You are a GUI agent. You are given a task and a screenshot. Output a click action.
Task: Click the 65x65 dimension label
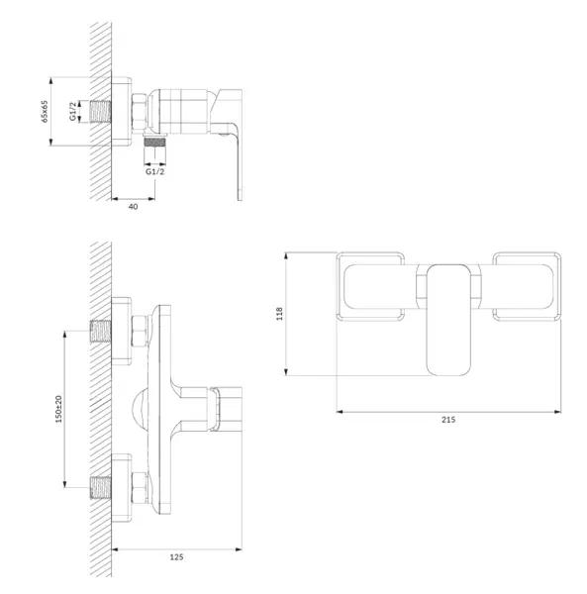(45, 111)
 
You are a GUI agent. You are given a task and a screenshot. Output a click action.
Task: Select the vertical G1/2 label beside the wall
(72, 111)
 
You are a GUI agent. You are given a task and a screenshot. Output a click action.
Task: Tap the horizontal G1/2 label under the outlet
(155, 171)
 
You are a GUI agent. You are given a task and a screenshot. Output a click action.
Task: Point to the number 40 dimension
(134, 207)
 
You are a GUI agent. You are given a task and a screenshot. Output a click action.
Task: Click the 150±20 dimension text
(58, 409)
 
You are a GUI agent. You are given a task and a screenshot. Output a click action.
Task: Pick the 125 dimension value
(176, 556)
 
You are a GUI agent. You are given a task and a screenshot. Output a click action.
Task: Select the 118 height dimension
(279, 314)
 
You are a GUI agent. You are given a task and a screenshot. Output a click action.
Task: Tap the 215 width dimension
(448, 420)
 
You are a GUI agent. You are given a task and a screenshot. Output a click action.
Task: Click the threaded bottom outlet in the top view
(154, 142)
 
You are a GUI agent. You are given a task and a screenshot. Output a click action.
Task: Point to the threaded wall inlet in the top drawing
(100, 111)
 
